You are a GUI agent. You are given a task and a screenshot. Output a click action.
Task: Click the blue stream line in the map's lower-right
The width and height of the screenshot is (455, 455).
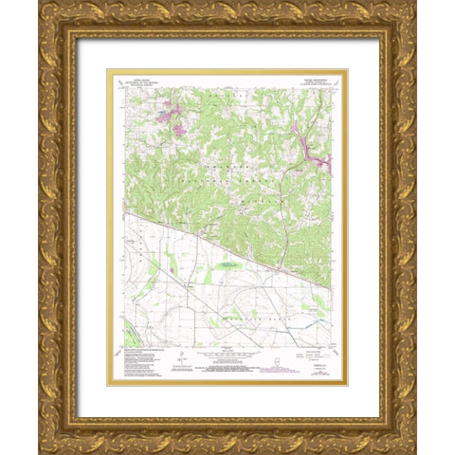point(284,313)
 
